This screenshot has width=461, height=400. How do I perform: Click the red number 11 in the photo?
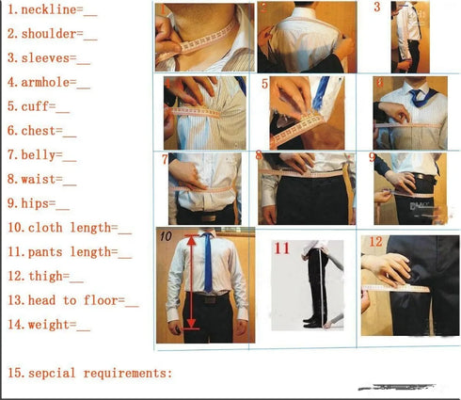[x=281, y=249]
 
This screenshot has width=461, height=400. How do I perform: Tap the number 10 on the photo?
[x=166, y=236]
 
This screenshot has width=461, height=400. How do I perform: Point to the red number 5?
[x=265, y=85]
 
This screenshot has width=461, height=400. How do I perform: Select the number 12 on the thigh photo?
[x=375, y=242]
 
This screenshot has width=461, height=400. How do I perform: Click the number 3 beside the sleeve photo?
[x=377, y=8]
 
